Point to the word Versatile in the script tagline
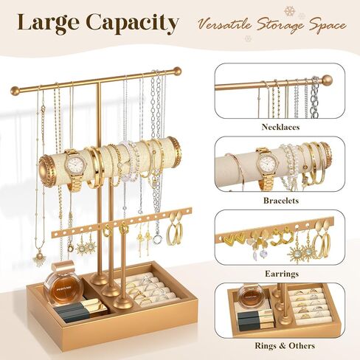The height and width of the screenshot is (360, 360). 224,24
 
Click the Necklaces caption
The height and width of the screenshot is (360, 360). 280,127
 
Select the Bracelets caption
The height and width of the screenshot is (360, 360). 281,201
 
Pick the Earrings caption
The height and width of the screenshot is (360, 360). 282,274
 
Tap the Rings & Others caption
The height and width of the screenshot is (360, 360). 285,345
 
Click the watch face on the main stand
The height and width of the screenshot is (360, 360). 75,163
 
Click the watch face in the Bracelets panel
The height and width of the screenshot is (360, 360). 266,163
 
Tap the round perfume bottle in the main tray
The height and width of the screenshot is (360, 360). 63,289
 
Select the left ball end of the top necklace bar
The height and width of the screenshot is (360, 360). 15,91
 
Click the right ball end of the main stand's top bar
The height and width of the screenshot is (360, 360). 176,72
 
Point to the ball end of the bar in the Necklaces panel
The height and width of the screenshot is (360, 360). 327,80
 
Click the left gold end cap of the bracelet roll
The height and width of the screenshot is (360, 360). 46,171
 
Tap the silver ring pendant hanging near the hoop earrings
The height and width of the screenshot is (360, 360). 157,239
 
